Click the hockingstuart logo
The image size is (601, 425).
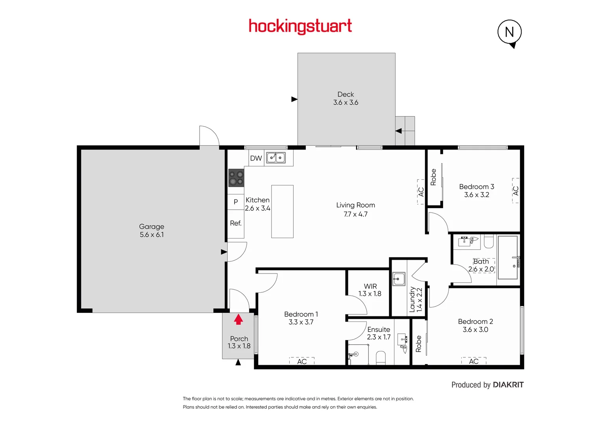tap(300, 26)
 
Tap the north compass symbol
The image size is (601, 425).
tap(509, 32)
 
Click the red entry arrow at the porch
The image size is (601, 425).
tap(238, 319)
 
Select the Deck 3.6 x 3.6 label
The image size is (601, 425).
tap(346, 98)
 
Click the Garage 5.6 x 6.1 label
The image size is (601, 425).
tap(152, 231)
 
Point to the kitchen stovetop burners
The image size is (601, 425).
tap(236, 177)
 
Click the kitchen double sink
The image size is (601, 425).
tap(276, 158)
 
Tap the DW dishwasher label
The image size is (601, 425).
tap(256, 158)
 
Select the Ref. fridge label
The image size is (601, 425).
tap(235, 223)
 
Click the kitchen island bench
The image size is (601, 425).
tap(282, 211)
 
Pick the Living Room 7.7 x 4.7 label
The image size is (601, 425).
tap(355, 209)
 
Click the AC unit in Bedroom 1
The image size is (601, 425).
tap(302, 361)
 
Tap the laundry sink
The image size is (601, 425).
tap(398, 279)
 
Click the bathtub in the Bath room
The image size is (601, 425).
tap(508, 257)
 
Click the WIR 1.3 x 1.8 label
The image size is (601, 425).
tap(370, 290)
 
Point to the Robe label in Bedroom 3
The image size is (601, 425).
tap(433, 177)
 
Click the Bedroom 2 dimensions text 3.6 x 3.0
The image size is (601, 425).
tap(475, 330)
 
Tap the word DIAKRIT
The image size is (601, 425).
tap(508, 385)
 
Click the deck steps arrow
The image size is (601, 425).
tap(399, 131)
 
